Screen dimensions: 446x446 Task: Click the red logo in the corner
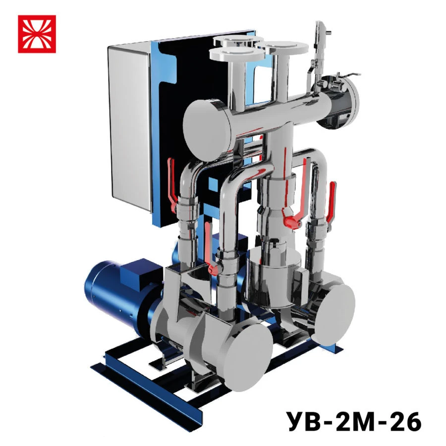tap(37, 34)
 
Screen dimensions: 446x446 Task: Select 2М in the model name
tap(353, 422)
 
